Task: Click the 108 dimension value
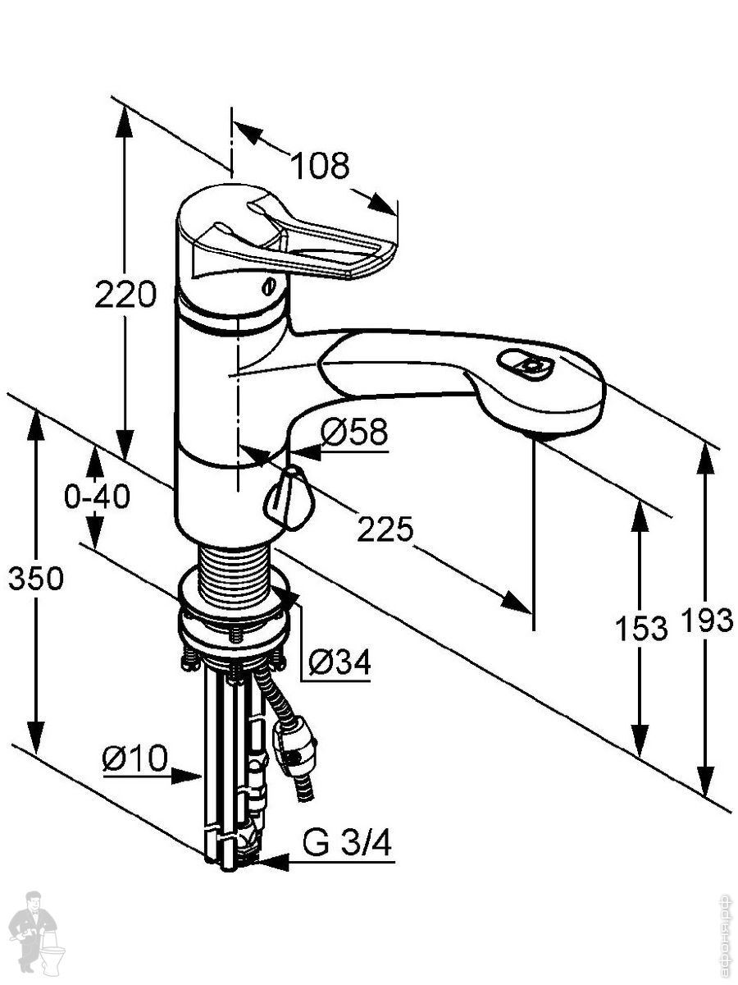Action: point(321,166)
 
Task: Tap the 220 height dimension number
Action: point(125,294)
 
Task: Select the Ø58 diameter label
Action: point(353,432)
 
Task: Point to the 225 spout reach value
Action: point(385,530)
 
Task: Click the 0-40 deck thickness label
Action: point(98,496)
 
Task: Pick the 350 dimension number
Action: point(35,579)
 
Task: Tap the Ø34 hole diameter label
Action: point(340,661)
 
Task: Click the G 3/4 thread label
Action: point(348,842)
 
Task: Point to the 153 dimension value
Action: point(641,629)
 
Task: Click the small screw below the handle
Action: point(267,286)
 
